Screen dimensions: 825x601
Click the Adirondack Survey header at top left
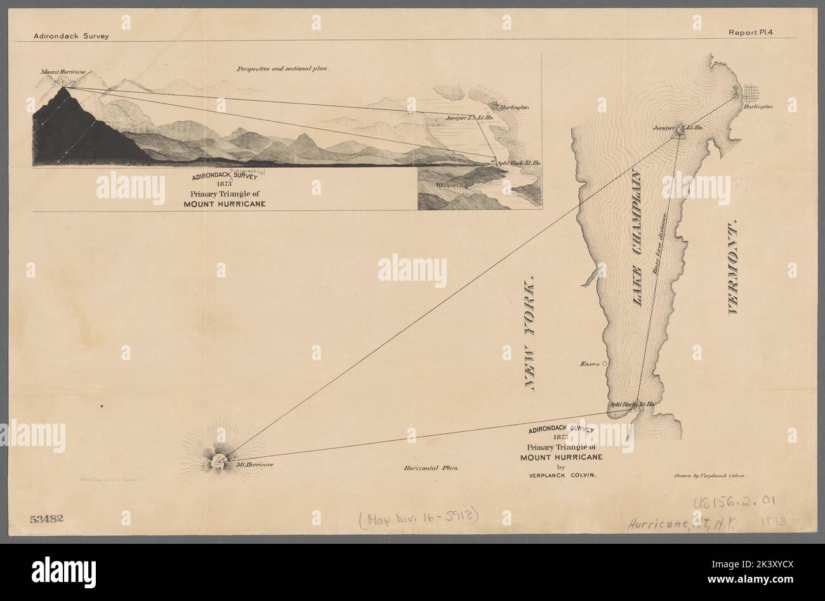click(x=72, y=36)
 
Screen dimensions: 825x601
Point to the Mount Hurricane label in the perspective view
click(x=62, y=73)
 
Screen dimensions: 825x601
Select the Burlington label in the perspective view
click(x=514, y=107)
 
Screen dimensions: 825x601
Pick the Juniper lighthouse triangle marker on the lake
click(x=680, y=130)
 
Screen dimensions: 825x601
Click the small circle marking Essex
click(x=605, y=363)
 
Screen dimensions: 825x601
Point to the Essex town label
click(x=590, y=364)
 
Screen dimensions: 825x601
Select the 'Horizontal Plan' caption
click(x=431, y=468)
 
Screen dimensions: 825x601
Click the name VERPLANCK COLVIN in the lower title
click(x=559, y=475)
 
